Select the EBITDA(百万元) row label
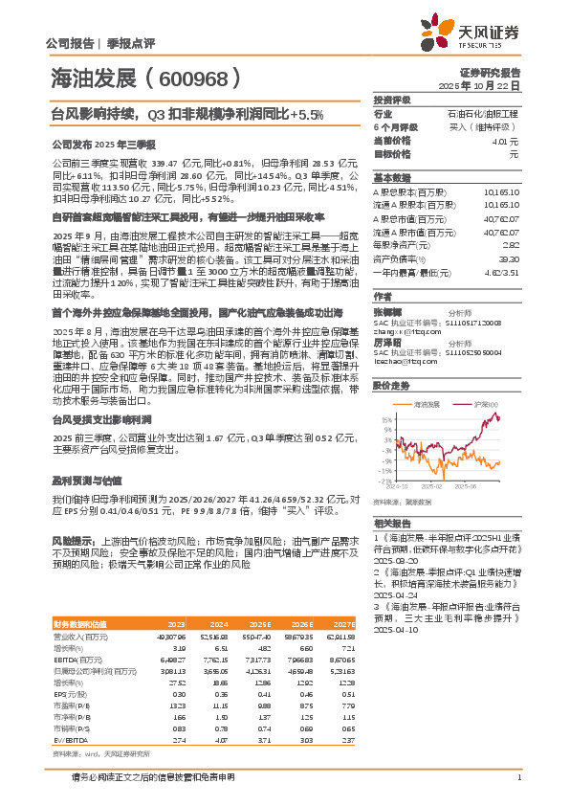(x=81, y=660)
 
